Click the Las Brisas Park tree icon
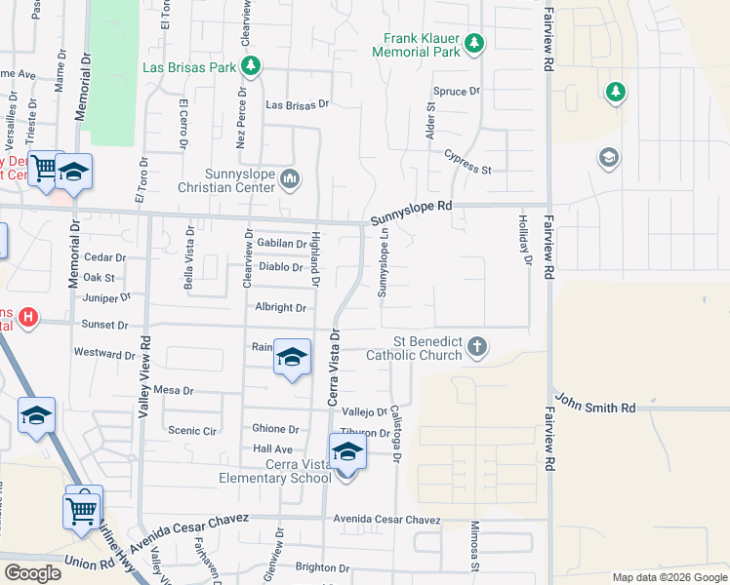tap(252, 66)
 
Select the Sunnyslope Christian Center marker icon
tap(290, 178)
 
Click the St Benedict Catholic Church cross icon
tap(476, 346)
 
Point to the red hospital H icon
tap(28, 318)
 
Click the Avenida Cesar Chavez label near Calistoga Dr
tap(387, 520)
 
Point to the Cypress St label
tap(466, 161)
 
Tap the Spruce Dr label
tap(457, 92)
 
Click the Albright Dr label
tap(281, 307)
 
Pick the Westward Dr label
tap(99, 352)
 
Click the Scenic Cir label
tap(191, 430)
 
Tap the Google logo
tap(32, 573)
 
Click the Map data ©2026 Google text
tap(669, 577)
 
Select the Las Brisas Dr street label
tap(298, 104)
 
